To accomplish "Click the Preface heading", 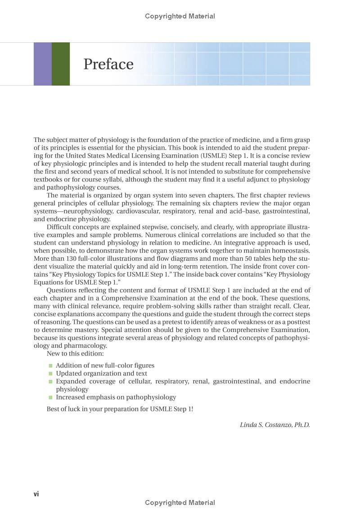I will (108, 64).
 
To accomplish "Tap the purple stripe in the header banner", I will (42, 64).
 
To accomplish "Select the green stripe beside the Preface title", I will (61, 64).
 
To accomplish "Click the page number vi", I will (36, 494).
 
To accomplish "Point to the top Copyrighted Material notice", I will (180, 16).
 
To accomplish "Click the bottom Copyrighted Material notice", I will (180, 503).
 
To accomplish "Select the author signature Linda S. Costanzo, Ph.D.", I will (274, 425).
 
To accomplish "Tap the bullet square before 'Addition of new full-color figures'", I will (51, 366).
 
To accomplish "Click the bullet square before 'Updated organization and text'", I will (51, 373).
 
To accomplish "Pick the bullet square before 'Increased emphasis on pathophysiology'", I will (51, 397).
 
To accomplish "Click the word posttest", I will (297, 322).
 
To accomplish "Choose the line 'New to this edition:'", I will (75, 354).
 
